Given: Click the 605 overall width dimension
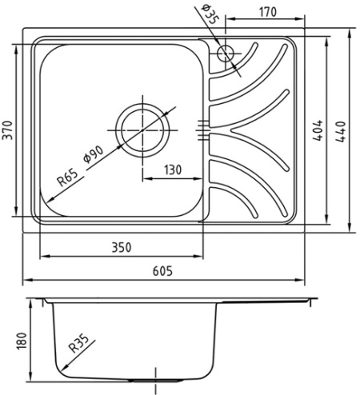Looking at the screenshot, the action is coord(162,271).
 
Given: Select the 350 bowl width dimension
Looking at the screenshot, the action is coord(122,247).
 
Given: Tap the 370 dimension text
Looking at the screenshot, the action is coord(8,130).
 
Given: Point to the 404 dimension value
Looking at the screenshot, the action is coord(318,130).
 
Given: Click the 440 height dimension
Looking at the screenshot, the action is coord(341,132).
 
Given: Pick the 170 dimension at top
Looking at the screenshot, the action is coord(268,12).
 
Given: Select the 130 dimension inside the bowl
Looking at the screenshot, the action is coord(173,170).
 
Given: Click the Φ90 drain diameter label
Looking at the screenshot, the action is coord(94,154).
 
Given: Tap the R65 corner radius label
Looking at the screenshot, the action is coord(68,178).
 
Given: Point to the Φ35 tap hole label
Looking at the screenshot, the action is coord(210,14).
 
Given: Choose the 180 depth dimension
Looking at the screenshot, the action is coord(22,341).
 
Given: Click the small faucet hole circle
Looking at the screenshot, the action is coord(226,54).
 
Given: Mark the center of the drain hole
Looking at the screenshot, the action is coord(142,130).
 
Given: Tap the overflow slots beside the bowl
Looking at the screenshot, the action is coord(203,130).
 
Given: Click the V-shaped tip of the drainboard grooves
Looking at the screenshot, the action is coord(231,130).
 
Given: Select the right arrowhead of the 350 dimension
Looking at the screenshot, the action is coord(199,256).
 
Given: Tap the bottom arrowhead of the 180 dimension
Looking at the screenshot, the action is coord(31,377).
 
